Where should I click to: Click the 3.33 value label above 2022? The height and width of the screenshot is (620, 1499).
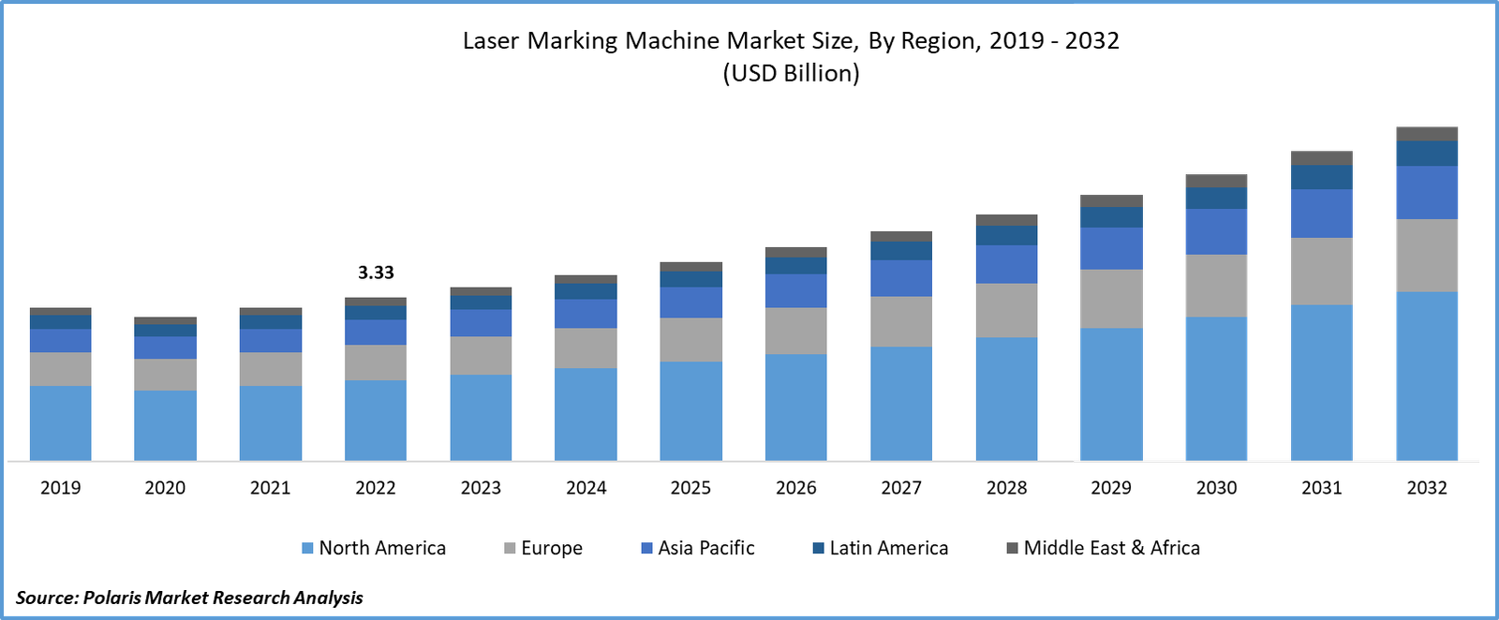click(x=376, y=273)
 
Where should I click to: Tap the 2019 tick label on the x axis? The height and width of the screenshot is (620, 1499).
click(x=60, y=487)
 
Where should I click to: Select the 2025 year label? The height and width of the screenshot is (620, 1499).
click(x=690, y=487)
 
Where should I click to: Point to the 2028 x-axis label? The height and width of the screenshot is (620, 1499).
click(x=1006, y=487)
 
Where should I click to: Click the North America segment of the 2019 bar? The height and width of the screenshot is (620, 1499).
click(x=60, y=422)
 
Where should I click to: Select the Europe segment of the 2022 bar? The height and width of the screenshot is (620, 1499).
click(x=376, y=362)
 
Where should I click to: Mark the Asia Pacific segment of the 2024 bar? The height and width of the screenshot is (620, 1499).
click(x=586, y=314)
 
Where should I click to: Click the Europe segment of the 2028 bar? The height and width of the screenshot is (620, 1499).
click(x=1006, y=310)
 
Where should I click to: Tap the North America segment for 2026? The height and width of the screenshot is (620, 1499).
click(x=796, y=406)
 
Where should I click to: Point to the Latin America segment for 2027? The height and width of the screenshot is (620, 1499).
click(x=901, y=251)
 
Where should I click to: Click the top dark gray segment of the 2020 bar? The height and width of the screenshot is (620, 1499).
click(x=165, y=321)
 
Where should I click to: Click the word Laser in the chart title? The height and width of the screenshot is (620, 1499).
click(x=492, y=41)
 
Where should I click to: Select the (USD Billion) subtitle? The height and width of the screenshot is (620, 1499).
click(x=791, y=73)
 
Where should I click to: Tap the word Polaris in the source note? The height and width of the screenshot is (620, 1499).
click(x=111, y=598)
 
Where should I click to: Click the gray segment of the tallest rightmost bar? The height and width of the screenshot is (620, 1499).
click(x=1427, y=256)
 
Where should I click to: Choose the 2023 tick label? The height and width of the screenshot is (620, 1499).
click(x=481, y=487)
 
